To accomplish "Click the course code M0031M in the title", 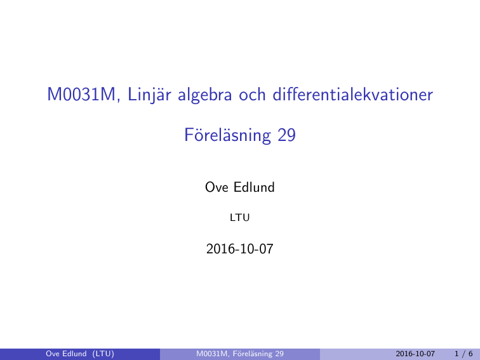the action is click(81, 94).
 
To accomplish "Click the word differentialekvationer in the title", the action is click(352, 94).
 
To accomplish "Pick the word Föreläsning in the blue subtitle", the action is click(227, 135).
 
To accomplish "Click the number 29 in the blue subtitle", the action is click(286, 135).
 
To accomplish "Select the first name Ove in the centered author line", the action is click(217, 187).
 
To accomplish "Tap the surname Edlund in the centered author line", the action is click(254, 187).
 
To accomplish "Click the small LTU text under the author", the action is click(240, 218).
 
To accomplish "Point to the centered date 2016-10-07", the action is click(240, 249).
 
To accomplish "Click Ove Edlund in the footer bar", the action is click(66, 354).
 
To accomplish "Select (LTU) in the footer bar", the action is click(103, 354).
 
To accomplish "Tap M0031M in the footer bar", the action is click(213, 354).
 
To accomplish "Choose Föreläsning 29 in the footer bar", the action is click(258, 354).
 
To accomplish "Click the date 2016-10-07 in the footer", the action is click(415, 354).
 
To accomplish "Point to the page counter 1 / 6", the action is click(463, 354).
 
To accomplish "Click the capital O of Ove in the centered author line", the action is click(210, 187).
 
